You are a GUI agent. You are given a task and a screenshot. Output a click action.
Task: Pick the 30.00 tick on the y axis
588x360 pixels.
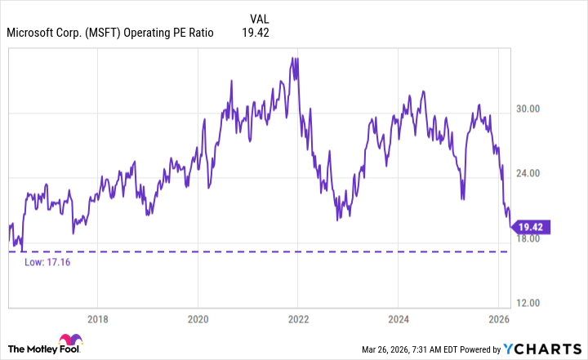click(529, 109)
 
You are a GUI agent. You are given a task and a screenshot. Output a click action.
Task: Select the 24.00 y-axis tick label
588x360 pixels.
click(529, 173)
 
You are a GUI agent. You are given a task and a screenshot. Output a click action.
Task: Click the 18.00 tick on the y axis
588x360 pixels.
click(529, 238)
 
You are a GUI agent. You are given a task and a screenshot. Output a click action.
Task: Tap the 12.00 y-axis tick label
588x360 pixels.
click(529, 303)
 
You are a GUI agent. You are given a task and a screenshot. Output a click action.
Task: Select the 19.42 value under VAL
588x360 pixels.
click(256, 33)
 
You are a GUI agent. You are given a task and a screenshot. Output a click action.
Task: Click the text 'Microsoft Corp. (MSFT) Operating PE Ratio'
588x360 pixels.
click(110, 33)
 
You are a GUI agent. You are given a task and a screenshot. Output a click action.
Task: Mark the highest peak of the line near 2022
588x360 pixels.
click(292, 58)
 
